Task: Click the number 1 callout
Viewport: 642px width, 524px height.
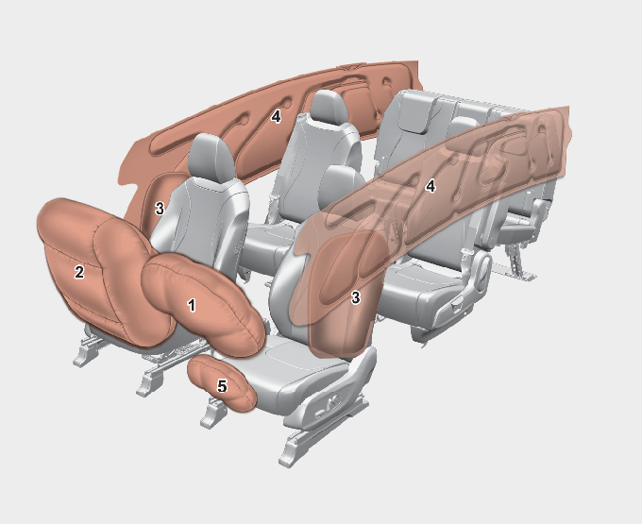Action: [x=192, y=305]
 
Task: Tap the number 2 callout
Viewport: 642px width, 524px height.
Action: [x=79, y=272]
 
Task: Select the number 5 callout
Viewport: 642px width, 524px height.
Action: [x=222, y=386]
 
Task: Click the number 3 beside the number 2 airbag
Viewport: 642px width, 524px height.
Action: [x=160, y=209]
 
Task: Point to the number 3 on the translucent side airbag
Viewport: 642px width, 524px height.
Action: [x=355, y=297]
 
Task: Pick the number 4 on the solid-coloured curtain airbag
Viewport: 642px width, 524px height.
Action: [x=276, y=117]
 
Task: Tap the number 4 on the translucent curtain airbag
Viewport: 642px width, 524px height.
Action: [x=430, y=187]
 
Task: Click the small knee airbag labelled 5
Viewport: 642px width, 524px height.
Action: [x=221, y=384]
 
